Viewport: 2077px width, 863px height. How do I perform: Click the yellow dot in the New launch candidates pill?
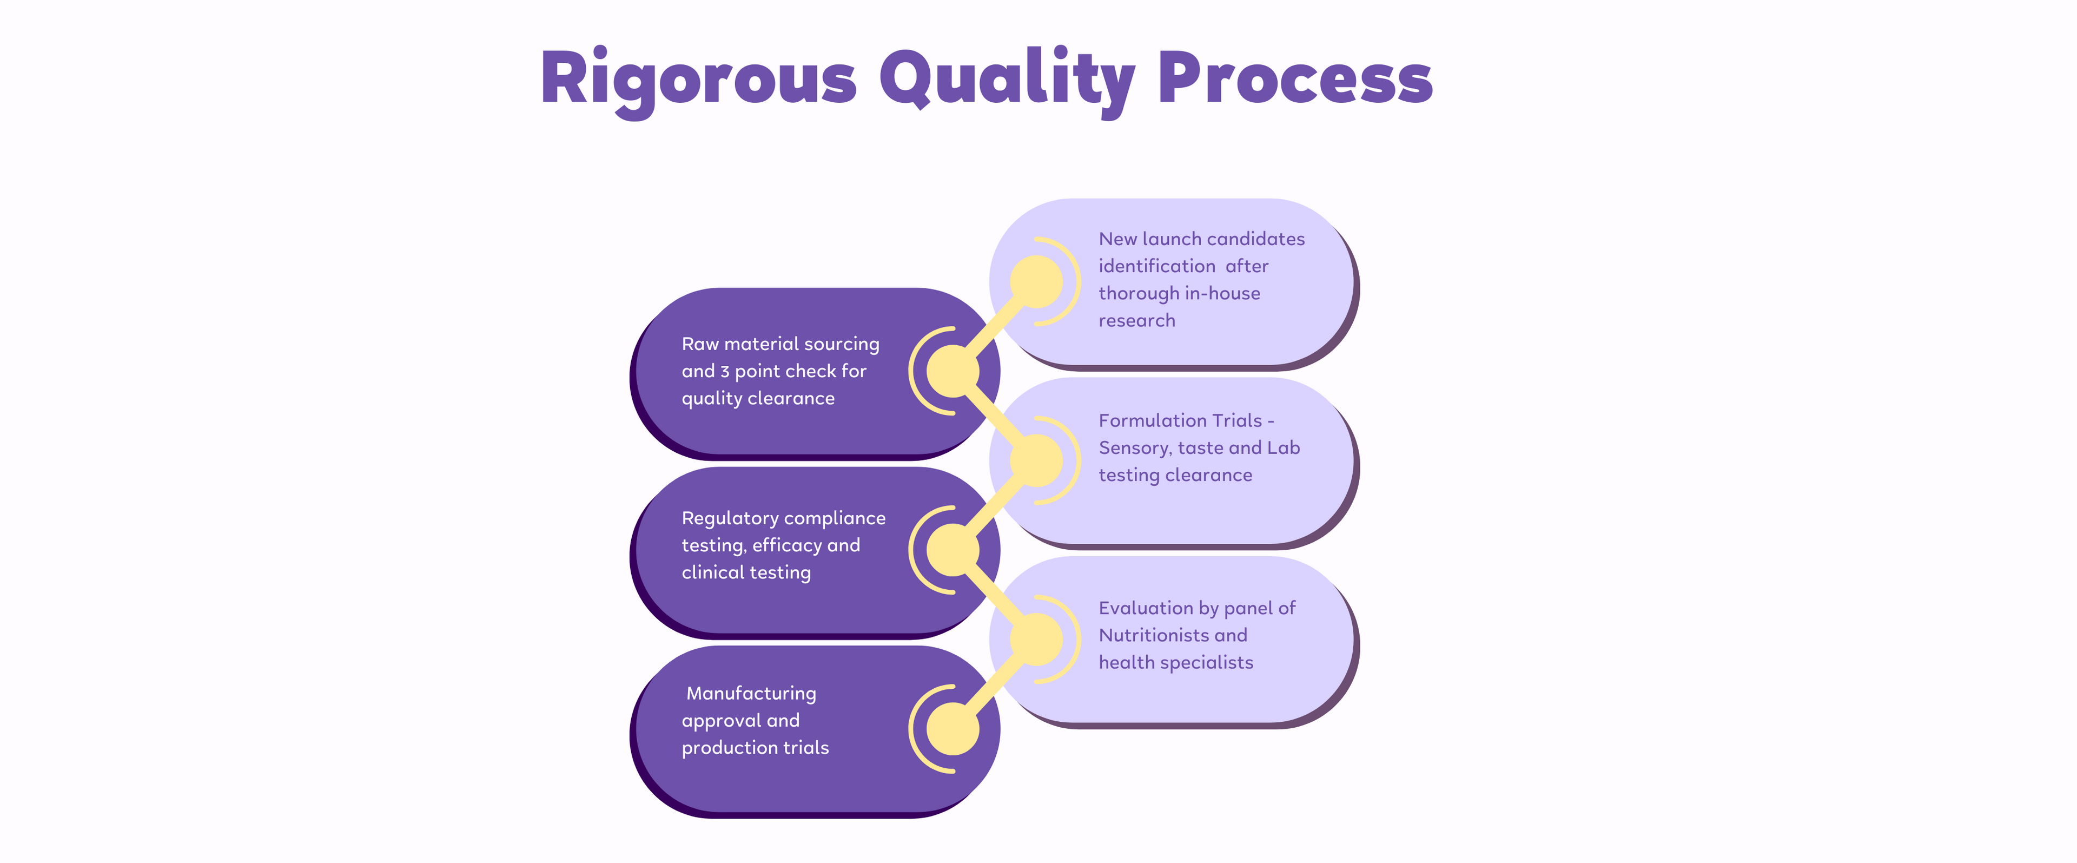(1036, 281)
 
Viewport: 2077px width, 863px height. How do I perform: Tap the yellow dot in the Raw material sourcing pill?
(953, 371)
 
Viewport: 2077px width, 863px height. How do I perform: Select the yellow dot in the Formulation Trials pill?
(1036, 460)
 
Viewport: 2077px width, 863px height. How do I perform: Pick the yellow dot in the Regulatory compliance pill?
(953, 550)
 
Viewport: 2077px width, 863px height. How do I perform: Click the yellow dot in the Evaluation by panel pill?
(1036, 640)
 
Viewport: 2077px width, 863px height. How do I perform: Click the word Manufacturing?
(751, 694)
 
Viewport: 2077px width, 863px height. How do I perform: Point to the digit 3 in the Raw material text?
(725, 372)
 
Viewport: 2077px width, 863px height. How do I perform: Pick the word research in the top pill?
(1137, 321)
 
